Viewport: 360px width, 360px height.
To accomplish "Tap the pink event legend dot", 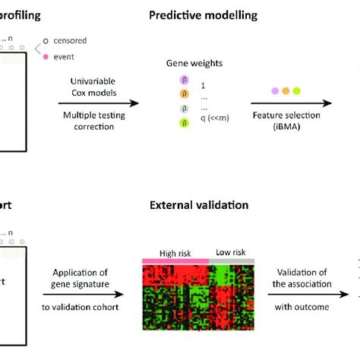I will pos(46,55).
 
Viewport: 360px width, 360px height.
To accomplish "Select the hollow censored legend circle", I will pos(46,40).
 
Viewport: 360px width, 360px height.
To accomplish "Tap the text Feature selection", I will pos(286,115).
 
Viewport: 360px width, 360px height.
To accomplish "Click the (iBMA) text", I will pos(286,127).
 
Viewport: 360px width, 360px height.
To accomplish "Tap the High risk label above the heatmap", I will pos(174,253).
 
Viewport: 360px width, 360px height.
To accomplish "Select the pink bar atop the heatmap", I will pos(175,261).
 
